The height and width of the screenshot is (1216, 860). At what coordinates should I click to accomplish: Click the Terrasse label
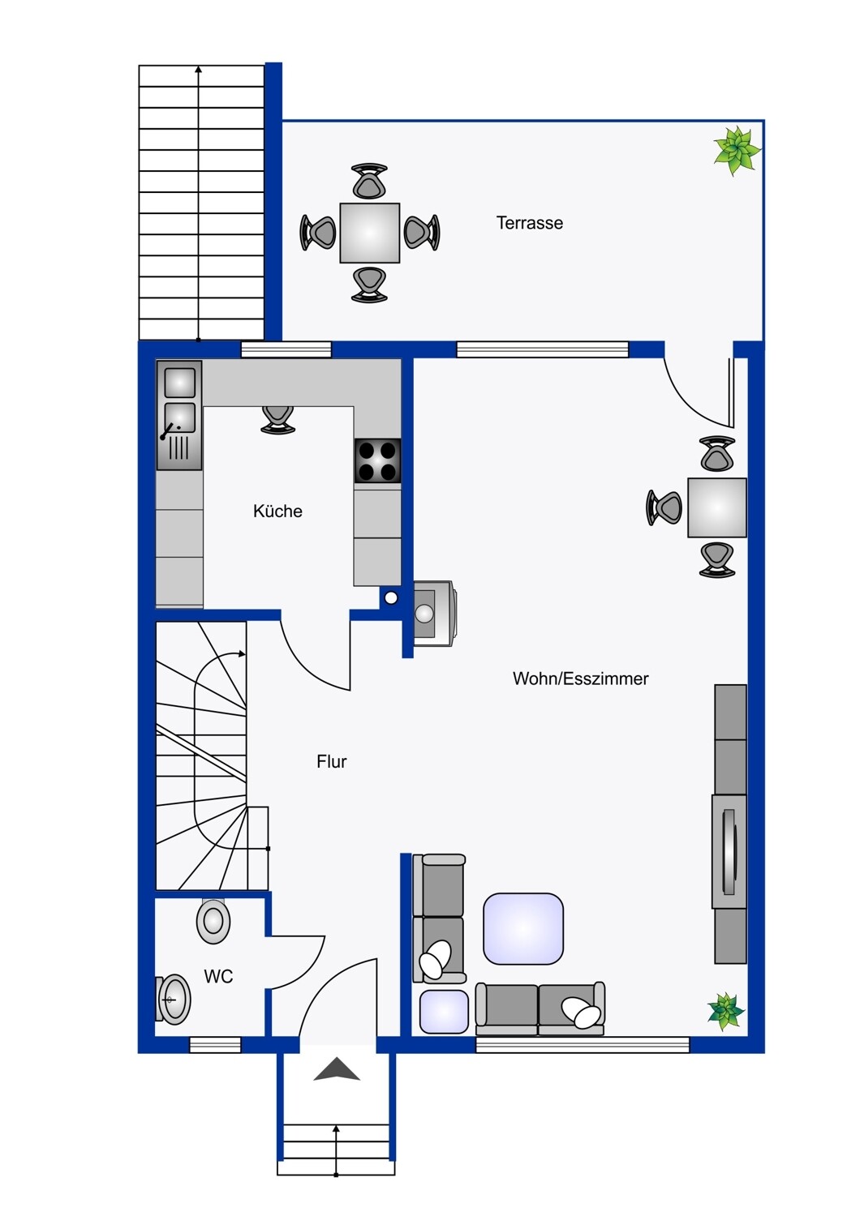click(529, 223)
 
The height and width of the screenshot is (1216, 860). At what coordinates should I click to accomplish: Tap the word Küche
click(277, 511)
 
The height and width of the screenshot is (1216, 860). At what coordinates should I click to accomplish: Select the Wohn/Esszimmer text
click(580, 679)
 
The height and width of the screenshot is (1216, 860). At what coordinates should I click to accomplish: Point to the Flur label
click(331, 762)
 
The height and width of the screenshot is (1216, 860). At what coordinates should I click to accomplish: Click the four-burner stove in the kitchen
click(377, 461)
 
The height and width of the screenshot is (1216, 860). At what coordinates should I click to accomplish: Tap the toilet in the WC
click(213, 921)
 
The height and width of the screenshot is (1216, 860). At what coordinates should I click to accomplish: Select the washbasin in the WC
click(174, 999)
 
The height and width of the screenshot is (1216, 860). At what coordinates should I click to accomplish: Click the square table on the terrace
click(369, 233)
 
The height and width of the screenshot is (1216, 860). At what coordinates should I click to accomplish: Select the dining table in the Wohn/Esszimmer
click(717, 507)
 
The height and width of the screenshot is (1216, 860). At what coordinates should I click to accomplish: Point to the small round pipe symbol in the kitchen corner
click(390, 597)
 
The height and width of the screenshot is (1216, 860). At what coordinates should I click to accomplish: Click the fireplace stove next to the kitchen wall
click(435, 614)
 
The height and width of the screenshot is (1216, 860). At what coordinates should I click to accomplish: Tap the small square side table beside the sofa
click(444, 1012)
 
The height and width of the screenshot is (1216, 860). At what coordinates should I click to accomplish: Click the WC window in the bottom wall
click(215, 1045)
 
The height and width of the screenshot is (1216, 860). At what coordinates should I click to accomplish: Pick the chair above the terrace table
click(369, 181)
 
